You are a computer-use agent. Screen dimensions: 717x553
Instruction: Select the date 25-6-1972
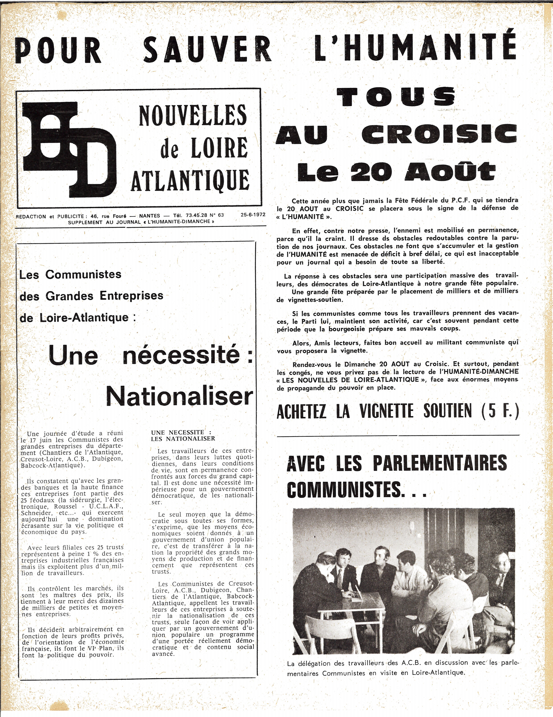[253, 215]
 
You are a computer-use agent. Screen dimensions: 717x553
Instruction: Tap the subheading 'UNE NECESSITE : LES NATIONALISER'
[183, 435]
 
